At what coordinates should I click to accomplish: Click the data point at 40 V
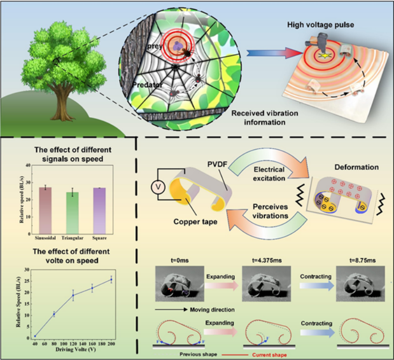[35, 336]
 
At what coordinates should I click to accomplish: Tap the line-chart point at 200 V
[125, 279]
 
